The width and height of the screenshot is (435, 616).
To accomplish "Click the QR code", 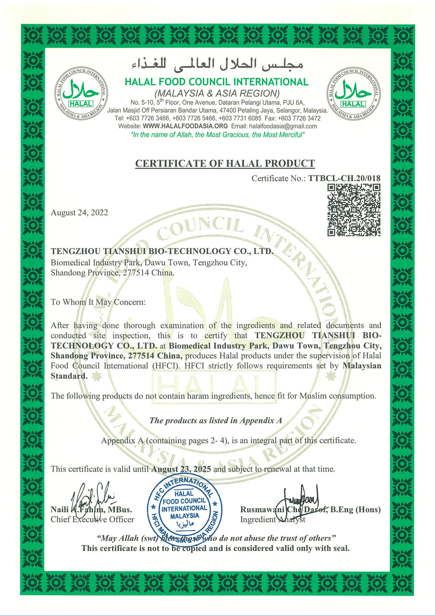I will tap(354, 210).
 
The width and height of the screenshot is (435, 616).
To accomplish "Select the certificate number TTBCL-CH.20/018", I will tap(344, 178).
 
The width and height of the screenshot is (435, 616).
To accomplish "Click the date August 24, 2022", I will tap(79, 213).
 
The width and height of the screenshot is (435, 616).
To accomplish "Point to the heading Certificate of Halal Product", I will tap(225, 164).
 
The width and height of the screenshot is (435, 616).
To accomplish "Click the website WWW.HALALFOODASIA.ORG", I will tap(185, 126).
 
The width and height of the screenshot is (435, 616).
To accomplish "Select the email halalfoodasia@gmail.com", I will tap(283, 126).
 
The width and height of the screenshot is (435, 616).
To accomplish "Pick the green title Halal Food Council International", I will tap(216, 82).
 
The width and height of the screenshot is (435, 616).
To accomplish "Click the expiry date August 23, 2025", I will tap(181, 469).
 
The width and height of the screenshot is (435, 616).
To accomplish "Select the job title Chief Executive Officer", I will tap(92, 519).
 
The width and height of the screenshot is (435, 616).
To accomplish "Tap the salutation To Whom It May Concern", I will tap(98, 302).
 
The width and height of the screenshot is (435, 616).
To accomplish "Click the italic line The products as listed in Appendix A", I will tap(216, 420).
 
